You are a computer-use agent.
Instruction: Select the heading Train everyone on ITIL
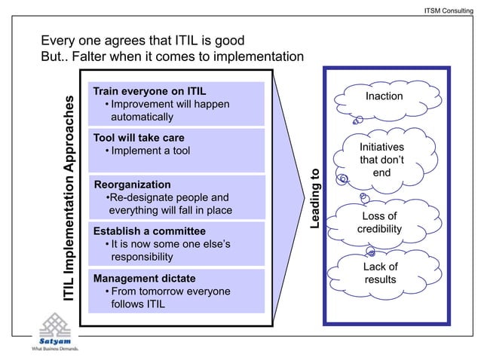click(x=149, y=90)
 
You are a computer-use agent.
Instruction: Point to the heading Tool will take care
click(x=139, y=138)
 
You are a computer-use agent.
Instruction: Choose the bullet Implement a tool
click(x=148, y=151)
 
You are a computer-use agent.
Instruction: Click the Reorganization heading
click(x=132, y=184)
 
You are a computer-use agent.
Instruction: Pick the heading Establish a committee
click(x=149, y=230)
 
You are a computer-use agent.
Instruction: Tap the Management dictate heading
click(x=144, y=278)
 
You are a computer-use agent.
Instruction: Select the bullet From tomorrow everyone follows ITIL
click(x=170, y=297)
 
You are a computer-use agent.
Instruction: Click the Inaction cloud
click(x=384, y=97)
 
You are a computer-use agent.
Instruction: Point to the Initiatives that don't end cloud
click(x=381, y=160)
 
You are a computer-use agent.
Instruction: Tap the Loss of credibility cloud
click(x=379, y=222)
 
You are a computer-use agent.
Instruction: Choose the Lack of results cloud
click(x=380, y=273)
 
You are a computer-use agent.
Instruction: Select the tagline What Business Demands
click(x=54, y=349)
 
